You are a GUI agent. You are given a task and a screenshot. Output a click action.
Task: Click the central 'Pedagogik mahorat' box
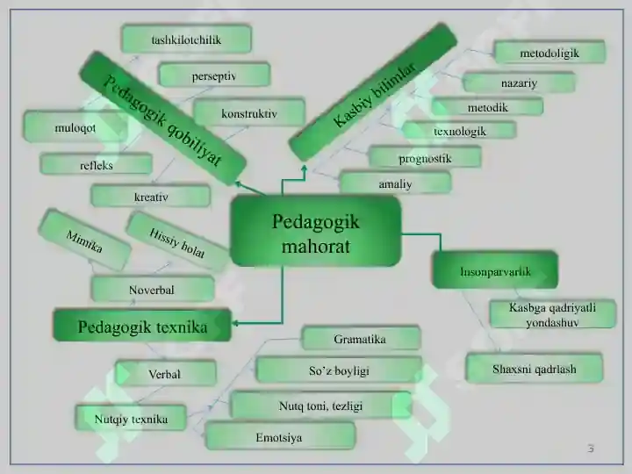(316, 231)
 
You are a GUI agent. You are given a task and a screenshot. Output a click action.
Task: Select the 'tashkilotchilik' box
(186, 39)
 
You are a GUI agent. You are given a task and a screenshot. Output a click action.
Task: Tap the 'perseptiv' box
(214, 75)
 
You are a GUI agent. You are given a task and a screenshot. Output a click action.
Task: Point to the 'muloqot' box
(75, 126)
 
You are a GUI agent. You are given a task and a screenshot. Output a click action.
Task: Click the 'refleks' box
(96, 164)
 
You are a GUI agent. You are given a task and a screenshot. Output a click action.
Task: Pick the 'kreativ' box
(151, 196)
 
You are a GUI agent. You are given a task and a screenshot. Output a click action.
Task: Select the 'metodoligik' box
(549, 52)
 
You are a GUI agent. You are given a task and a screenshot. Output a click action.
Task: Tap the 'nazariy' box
(519, 83)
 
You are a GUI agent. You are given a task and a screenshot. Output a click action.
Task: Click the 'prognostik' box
(425, 157)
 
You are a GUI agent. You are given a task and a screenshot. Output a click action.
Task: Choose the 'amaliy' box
(395, 183)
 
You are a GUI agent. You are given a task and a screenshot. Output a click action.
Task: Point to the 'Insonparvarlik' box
(495, 270)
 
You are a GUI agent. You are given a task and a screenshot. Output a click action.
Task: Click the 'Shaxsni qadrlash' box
(535, 368)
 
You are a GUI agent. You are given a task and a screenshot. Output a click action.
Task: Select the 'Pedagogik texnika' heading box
(142, 326)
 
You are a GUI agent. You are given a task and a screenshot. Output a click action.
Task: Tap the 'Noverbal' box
(153, 289)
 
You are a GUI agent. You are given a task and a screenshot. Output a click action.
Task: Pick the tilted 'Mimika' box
(84, 241)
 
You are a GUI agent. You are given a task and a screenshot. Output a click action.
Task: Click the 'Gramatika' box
(361, 338)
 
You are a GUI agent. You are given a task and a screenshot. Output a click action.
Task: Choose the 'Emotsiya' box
(280, 436)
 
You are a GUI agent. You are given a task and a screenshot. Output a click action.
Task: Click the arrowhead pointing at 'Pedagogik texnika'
(235, 323)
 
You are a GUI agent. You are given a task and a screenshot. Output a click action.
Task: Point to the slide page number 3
(591, 448)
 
